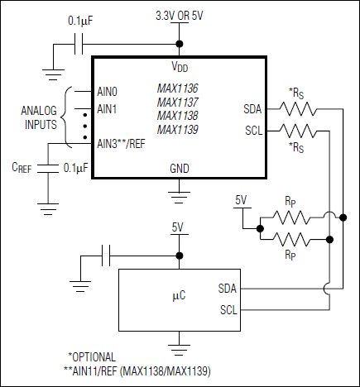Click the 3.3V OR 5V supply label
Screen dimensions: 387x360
[179, 16]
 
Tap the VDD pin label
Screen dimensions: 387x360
[179, 65]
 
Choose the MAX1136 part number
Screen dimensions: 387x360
[178, 88]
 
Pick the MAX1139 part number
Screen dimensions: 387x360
[178, 129]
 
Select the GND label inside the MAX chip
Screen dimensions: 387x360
[179, 167]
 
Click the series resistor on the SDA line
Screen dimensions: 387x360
[295, 108]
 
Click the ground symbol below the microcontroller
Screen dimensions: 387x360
[179, 342]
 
